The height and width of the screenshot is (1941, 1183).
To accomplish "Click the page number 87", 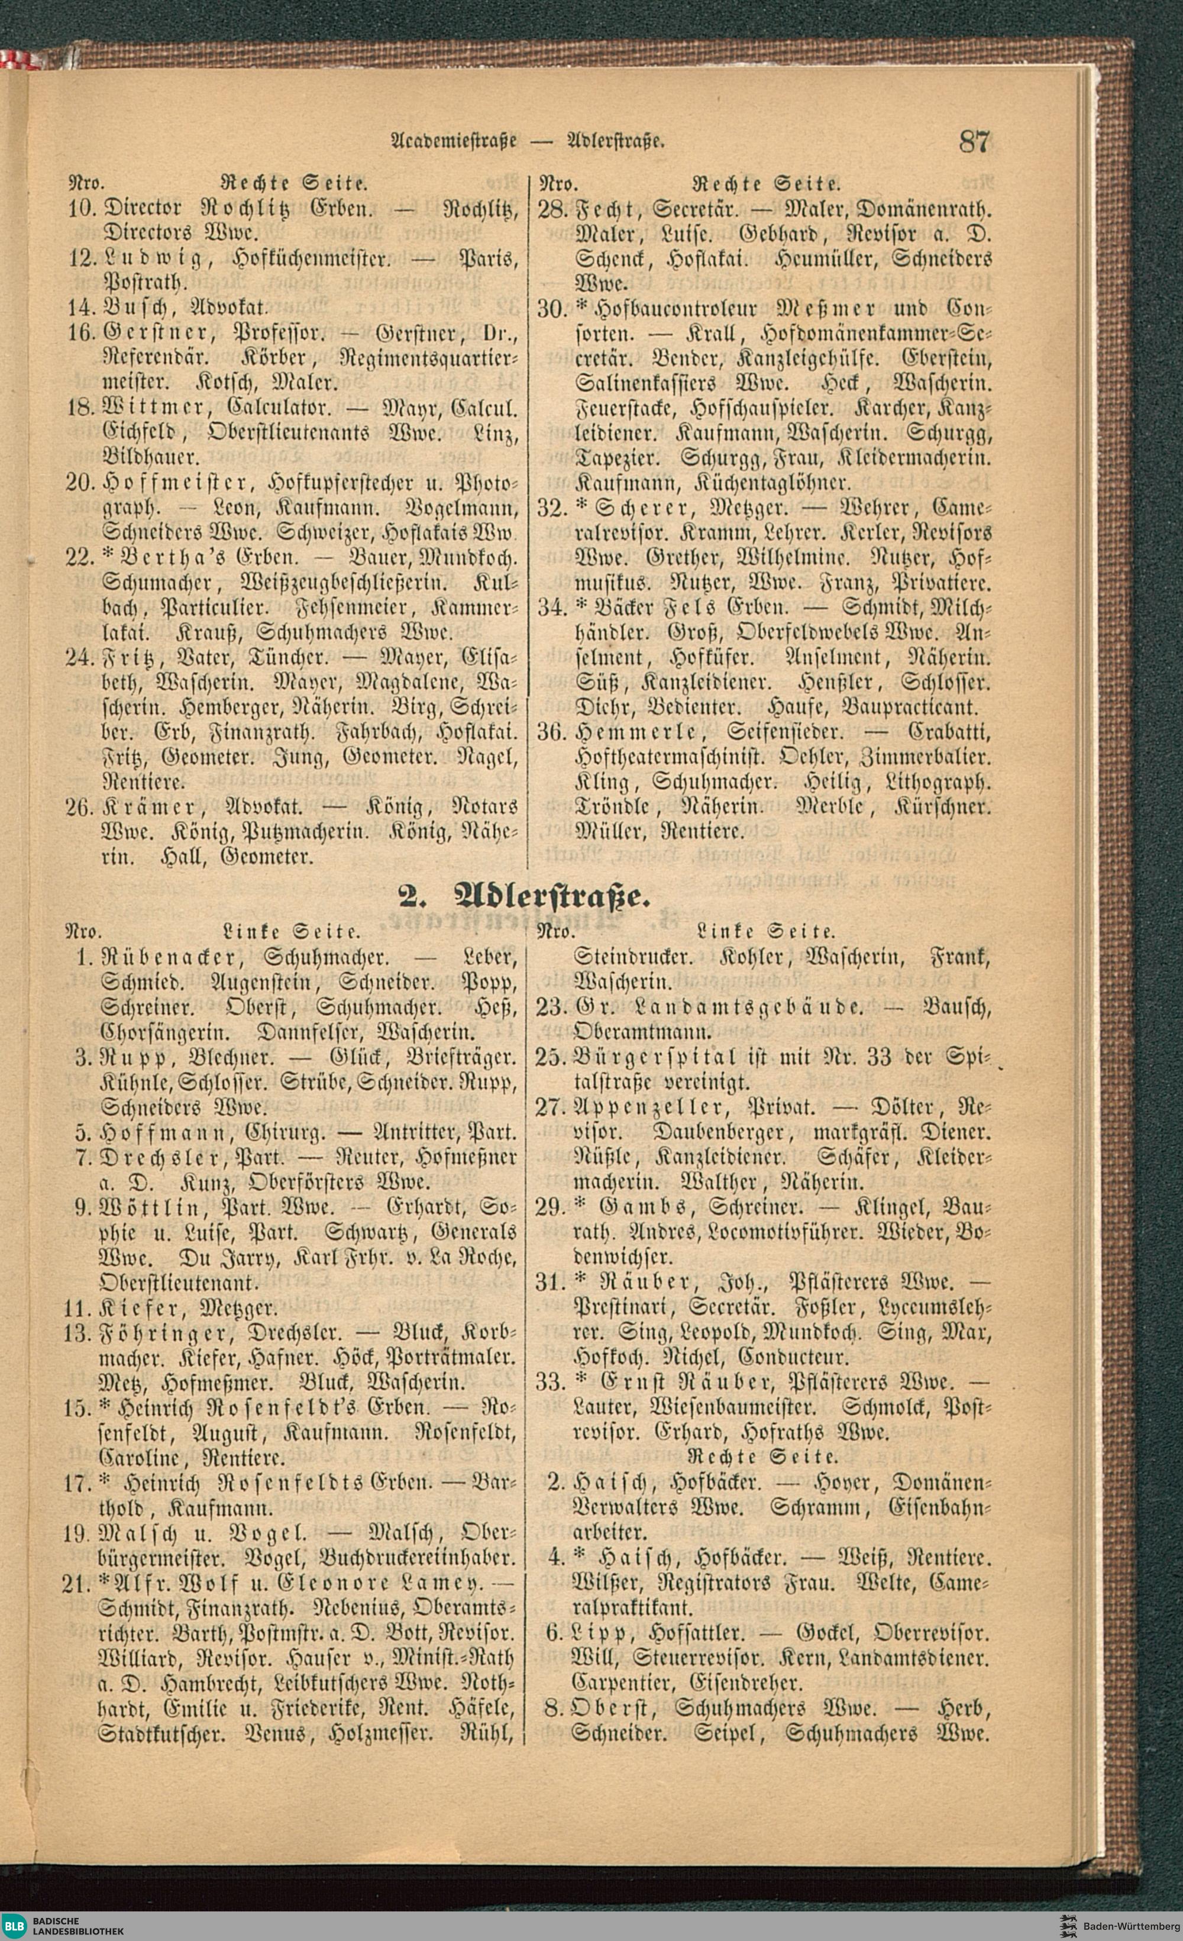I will coord(974,142).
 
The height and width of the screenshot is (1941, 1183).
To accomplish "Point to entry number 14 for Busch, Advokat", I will coord(82,305).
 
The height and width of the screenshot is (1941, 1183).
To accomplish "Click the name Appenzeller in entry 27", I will coord(646,1106).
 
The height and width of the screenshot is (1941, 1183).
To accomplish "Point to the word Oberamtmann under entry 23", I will coord(644,1031).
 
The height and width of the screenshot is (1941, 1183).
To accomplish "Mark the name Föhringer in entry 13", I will coord(164,1333).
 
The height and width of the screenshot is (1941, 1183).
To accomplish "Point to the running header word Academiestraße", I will coord(453,143).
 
